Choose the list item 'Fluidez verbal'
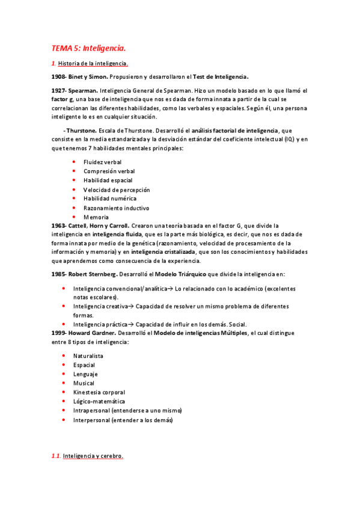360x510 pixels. tap(102, 162)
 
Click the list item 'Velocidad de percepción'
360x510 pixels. tap(117, 189)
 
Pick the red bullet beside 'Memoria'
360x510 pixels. tap(73, 217)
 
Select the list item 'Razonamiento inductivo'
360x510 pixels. tap(116, 208)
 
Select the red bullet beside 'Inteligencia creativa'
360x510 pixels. tap(64, 306)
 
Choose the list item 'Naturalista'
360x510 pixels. tap(88, 356)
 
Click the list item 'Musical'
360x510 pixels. tap(84, 383)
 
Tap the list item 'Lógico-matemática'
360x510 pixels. tap(99, 401)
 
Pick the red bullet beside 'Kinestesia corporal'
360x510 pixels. tap(64, 392)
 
